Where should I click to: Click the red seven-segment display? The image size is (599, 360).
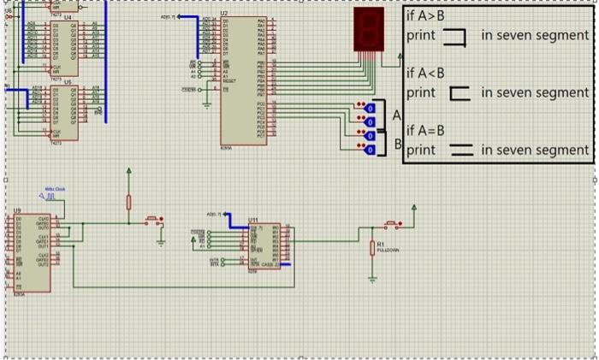click(x=367, y=30)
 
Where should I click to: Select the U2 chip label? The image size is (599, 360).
click(x=224, y=14)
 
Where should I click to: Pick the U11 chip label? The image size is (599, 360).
click(x=253, y=220)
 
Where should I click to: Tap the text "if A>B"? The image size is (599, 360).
click(x=425, y=15)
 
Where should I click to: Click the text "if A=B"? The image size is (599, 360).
click(x=425, y=129)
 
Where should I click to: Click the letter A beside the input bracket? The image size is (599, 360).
click(x=396, y=114)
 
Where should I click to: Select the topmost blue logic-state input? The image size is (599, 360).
click(x=369, y=108)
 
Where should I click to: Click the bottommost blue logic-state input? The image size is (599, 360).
click(x=369, y=150)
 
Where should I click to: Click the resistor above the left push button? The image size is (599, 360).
click(x=129, y=202)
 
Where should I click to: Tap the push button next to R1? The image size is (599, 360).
click(x=393, y=225)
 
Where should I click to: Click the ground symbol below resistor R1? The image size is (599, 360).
click(x=372, y=278)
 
